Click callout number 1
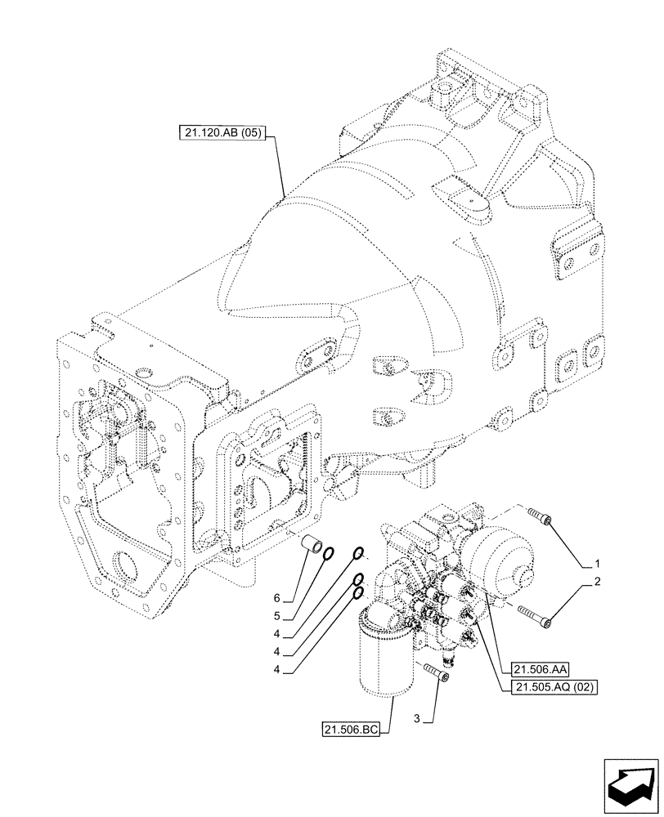click(598, 564)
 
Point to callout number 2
click(598, 583)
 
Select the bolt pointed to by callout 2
click(535, 618)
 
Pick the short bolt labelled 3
click(435, 674)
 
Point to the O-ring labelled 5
click(328, 556)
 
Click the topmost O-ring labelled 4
click(358, 556)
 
